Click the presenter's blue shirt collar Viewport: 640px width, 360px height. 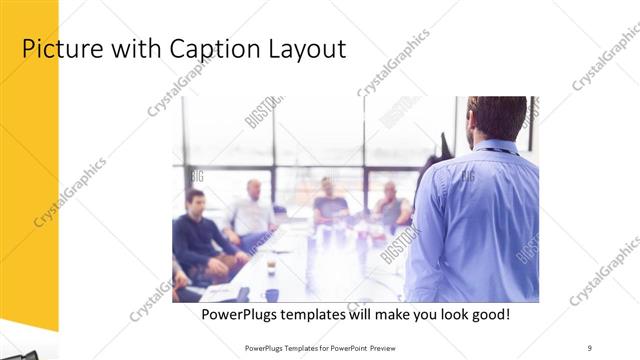click(x=497, y=145)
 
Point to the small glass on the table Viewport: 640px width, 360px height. click(x=271, y=265)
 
